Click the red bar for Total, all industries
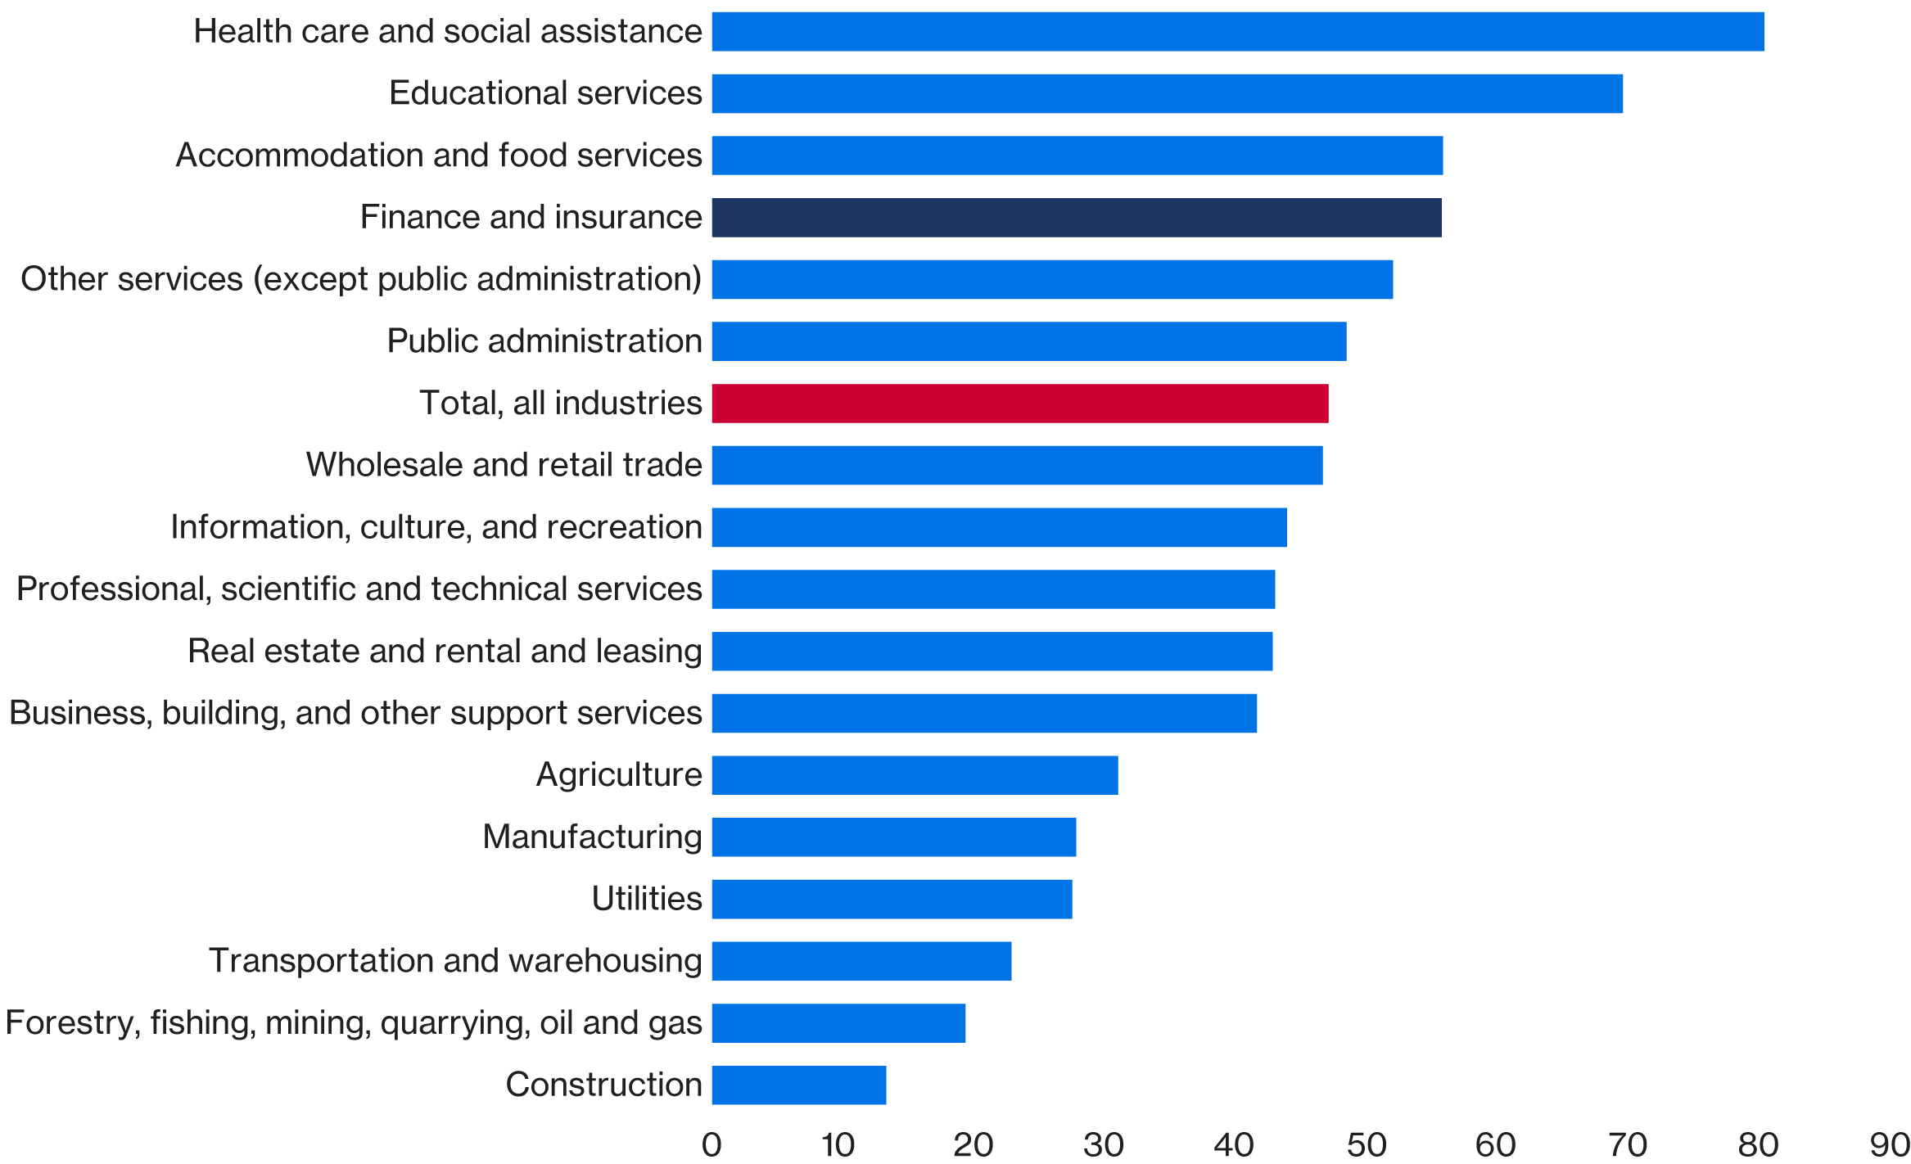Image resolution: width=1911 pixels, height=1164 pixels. pos(1019,404)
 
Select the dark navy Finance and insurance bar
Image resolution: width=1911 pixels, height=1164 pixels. pos(1076,218)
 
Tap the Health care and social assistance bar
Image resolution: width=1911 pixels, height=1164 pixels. pos(1237,32)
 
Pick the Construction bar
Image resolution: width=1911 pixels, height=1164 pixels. pos(798,1085)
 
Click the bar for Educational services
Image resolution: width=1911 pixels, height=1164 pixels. pos(1167,93)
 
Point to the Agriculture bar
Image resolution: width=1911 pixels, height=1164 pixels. pos(915,775)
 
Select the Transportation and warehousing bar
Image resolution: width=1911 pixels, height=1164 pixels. pos(861,961)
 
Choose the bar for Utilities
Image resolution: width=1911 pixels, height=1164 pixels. pos(892,900)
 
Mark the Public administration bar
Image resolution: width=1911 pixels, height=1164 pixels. pos(1028,341)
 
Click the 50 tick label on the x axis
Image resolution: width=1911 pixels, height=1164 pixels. pos(1366,1145)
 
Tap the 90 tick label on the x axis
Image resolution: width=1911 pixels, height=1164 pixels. pos(1890,1145)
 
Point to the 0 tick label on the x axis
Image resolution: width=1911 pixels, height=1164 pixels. pos(712,1145)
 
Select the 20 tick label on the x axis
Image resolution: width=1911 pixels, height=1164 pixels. pos(973,1145)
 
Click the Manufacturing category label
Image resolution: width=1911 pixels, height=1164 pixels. pos(592,837)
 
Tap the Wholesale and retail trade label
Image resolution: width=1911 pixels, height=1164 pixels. pos(504,465)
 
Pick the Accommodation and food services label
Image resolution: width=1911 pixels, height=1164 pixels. pos(439,156)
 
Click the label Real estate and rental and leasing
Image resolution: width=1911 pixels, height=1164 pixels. pos(445,651)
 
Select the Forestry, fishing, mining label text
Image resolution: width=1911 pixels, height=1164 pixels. pos(354,1023)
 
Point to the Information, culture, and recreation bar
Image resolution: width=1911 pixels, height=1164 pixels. pos(999,527)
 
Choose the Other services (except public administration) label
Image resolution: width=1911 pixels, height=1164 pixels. pos(361,279)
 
